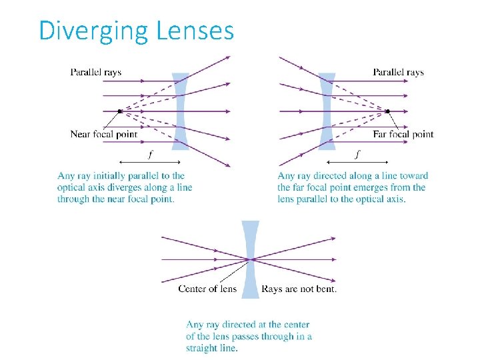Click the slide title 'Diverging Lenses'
tap(137, 31)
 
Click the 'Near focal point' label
tap(103, 134)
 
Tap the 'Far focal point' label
tap(403, 134)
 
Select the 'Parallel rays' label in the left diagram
tap(96, 72)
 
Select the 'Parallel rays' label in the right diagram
tap(398, 72)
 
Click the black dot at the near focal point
tap(119, 111)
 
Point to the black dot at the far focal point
tap(387, 111)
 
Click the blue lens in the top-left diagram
tap(181, 110)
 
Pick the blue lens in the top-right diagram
tap(327, 110)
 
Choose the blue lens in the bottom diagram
tap(251, 259)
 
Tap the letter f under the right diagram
tap(358, 155)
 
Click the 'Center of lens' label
tap(207, 289)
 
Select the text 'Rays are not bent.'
tap(299, 289)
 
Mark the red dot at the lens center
tap(251, 259)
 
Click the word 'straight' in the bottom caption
tap(203, 347)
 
